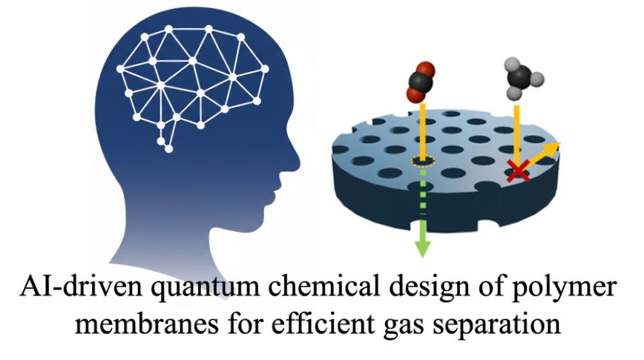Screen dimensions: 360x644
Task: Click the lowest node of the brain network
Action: [169, 149]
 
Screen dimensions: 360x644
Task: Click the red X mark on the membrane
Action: [516, 171]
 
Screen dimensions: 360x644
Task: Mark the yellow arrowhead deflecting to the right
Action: [553, 147]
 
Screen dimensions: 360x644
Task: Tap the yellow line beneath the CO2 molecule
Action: [421, 129]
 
